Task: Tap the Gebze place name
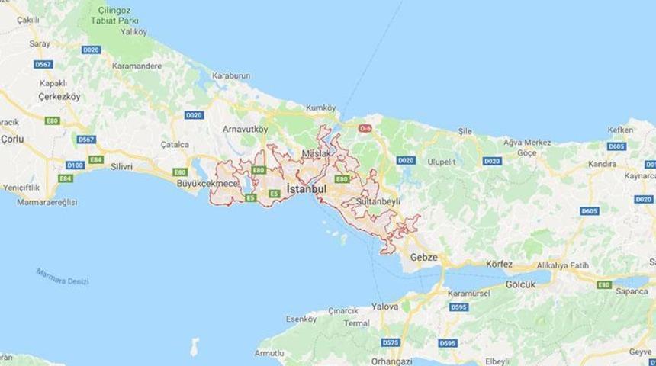pyautogui.click(x=424, y=257)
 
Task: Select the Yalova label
pyautogui.click(x=384, y=307)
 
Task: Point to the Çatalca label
pyautogui.click(x=174, y=143)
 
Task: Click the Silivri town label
pyautogui.click(x=122, y=165)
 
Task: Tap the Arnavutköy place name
pyautogui.click(x=245, y=130)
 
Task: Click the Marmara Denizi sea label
pyautogui.click(x=63, y=276)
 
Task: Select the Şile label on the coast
pyautogui.click(x=465, y=131)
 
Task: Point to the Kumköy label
pyautogui.click(x=320, y=108)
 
